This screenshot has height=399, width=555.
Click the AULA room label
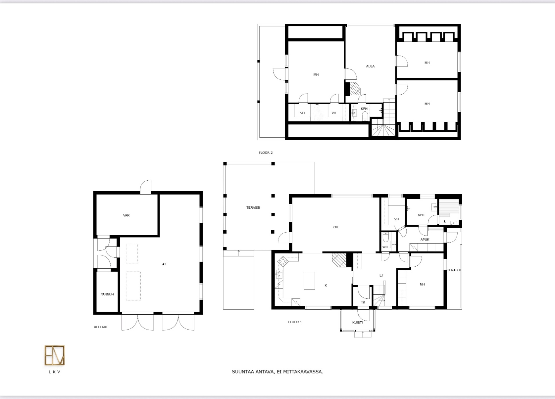click(370, 66)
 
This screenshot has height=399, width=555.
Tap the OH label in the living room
click(336, 227)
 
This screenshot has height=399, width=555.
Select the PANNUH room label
click(107, 294)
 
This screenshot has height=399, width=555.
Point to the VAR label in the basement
click(126, 215)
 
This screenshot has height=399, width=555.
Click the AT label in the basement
click(164, 264)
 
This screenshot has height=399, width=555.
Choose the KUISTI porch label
click(357, 322)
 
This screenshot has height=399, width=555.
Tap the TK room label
click(363, 302)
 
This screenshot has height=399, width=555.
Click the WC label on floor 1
click(385, 247)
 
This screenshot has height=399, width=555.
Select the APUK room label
click(425, 239)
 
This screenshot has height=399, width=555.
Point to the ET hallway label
click(381, 275)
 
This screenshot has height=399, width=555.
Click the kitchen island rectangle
click(310, 281)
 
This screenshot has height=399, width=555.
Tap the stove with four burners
click(282, 261)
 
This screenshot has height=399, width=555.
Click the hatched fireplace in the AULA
click(355, 89)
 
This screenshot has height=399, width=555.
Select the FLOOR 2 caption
click(266, 153)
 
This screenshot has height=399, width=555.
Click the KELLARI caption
click(101, 327)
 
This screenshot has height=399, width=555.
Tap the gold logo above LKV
click(55, 355)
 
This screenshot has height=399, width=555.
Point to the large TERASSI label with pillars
click(253, 208)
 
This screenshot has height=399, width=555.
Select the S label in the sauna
click(444, 222)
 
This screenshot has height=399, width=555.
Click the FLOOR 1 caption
click(295, 322)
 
